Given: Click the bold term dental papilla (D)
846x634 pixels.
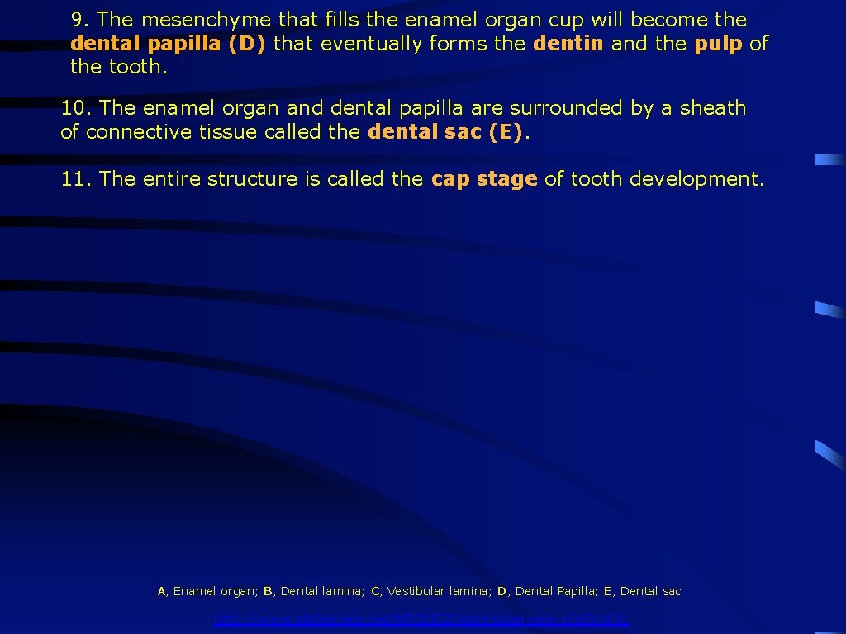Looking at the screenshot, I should (168, 44).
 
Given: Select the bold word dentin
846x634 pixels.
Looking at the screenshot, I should (568, 44).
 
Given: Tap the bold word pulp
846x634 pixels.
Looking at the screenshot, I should (718, 44).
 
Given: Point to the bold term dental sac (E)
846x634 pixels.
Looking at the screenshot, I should (445, 132).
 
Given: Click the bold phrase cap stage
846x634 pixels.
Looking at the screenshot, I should (484, 179).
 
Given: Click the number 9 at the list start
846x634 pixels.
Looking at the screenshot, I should (77, 20).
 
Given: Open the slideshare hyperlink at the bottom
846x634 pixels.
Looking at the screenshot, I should (421, 619).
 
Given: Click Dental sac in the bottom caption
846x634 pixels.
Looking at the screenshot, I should (650, 591).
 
